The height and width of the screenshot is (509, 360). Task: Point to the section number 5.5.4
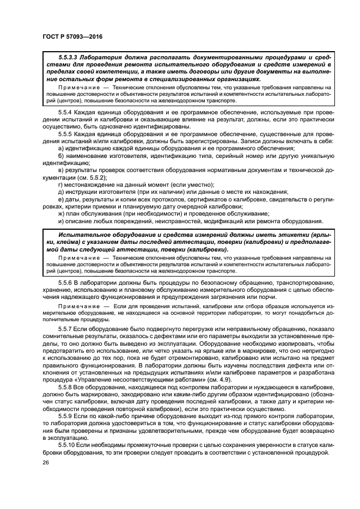point(66,111)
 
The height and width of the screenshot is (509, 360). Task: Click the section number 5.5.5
point(66,134)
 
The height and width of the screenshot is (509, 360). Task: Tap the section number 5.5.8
point(66,386)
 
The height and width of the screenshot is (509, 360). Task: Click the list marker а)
point(61,149)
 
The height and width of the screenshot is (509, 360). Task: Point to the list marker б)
point(61,157)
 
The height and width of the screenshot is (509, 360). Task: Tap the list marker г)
point(60,185)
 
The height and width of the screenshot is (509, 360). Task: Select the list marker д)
point(61,192)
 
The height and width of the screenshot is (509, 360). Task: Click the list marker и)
point(61,221)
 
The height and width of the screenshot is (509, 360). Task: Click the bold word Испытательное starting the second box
point(81,234)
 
